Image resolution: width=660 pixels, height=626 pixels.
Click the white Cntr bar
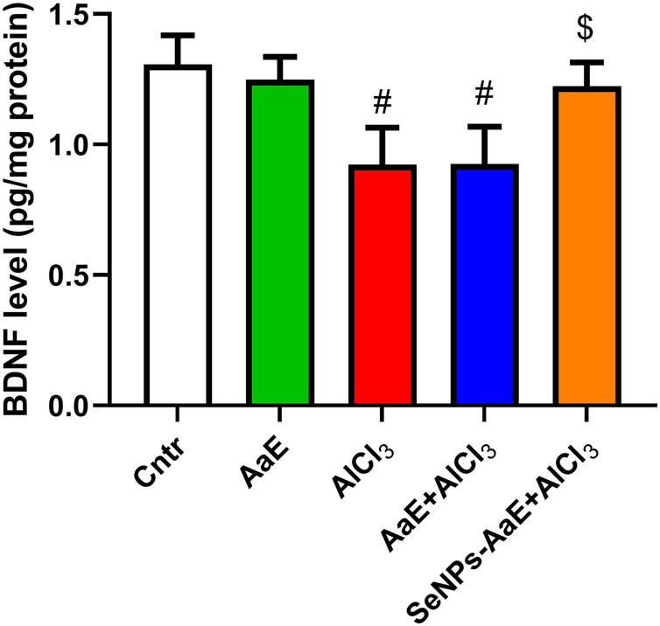point(177,236)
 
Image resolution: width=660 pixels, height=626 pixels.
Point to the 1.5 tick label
point(60,15)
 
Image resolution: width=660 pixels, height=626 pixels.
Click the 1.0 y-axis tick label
point(60,145)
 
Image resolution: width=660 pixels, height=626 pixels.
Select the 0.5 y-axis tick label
point(60,275)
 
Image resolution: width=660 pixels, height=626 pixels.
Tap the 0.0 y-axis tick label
point(60,406)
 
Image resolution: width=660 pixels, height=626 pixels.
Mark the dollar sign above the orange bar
point(585,28)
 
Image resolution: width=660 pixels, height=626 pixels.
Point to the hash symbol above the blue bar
point(483,101)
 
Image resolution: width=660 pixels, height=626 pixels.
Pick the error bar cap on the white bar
point(177,36)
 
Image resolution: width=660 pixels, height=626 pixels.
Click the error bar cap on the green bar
point(279,57)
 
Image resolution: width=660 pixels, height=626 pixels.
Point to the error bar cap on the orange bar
point(585,62)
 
